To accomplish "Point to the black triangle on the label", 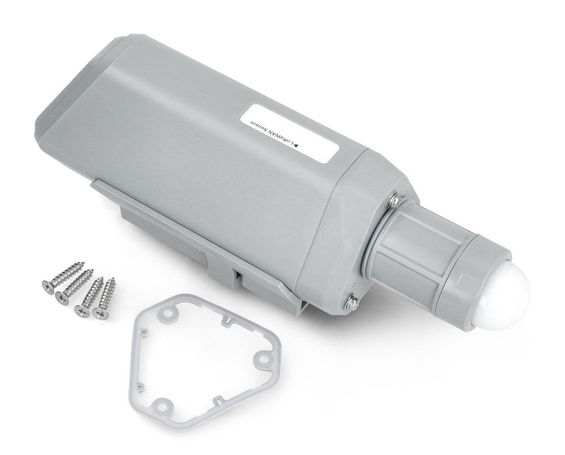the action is coord(297,146).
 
